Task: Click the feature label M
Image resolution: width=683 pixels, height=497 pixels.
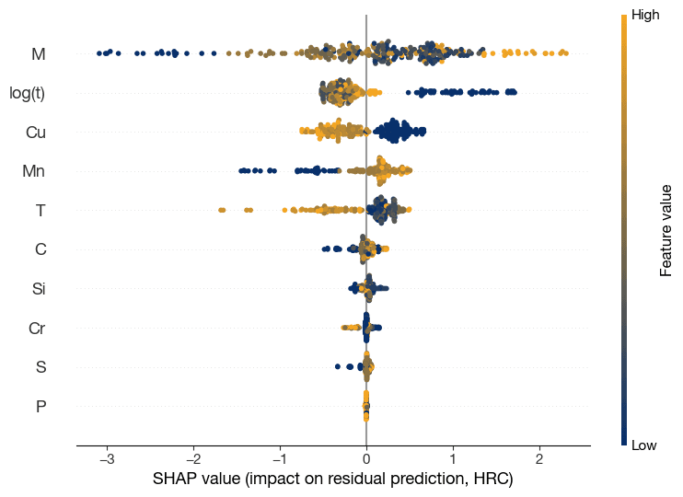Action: tap(38, 54)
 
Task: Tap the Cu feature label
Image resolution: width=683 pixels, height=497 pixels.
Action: tap(35, 133)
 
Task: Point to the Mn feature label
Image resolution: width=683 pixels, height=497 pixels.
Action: tap(34, 171)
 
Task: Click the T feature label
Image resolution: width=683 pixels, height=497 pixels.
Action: tap(40, 211)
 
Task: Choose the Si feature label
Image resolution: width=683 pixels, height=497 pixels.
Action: tap(39, 289)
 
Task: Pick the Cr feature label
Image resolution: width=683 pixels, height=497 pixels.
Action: tap(37, 328)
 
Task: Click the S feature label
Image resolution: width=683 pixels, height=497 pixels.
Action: tap(40, 367)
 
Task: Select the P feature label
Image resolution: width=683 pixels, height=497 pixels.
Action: tap(40, 406)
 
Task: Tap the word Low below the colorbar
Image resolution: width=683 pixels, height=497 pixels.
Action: tap(643, 445)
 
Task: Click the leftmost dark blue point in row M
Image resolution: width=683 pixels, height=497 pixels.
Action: tap(99, 54)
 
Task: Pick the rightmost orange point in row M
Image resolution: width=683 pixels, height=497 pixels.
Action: tap(565, 53)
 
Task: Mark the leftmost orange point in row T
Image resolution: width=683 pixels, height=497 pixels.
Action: tap(222, 211)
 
